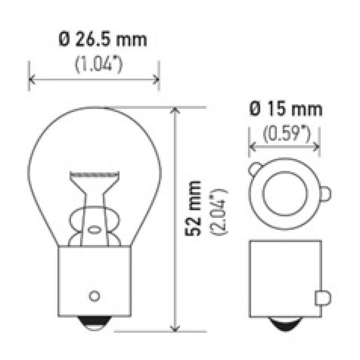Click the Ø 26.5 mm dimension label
click(x=103, y=40)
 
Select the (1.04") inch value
click(x=99, y=64)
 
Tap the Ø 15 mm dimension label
click(x=286, y=109)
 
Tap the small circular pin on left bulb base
click(x=94, y=296)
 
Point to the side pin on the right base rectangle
click(x=325, y=297)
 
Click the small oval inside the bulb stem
click(x=94, y=229)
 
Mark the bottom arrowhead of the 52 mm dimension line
click(x=175, y=329)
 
